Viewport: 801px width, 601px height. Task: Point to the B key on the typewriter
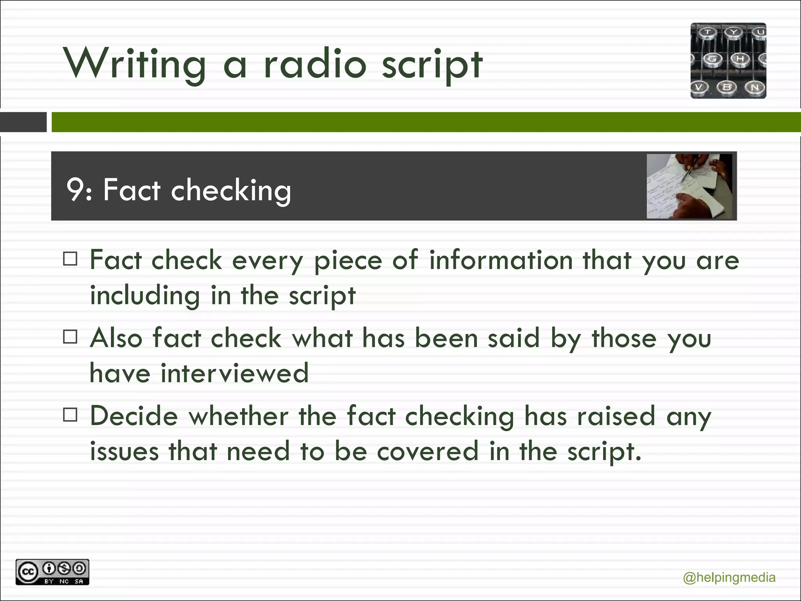coord(727,87)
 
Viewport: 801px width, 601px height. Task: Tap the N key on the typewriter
coord(755,87)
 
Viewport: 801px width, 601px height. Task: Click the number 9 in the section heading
coord(74,190)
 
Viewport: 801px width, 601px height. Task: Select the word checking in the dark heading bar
coord(231,190)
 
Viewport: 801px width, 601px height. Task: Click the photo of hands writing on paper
coord(689,186)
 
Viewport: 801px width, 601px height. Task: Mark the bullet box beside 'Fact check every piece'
coord(70,259)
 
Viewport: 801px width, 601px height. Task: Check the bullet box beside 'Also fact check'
coord(70,336)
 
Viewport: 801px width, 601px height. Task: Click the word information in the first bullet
coord(501,260)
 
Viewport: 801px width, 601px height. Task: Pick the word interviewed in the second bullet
coord(235,372)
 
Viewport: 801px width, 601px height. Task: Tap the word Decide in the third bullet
coord(134,416)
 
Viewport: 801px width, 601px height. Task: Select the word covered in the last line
coord(427,451)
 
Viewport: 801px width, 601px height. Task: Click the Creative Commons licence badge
coord(52,572)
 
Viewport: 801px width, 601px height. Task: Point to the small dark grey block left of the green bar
coord(23,122)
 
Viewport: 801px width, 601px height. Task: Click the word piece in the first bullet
coord(348,261)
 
